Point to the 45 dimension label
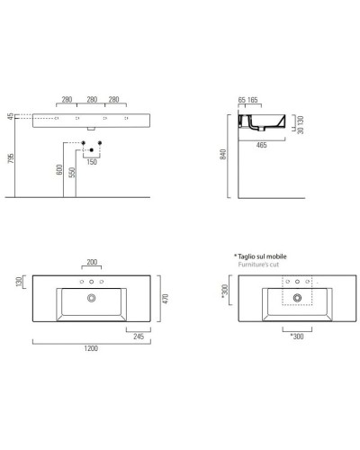[x=9, y=117]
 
